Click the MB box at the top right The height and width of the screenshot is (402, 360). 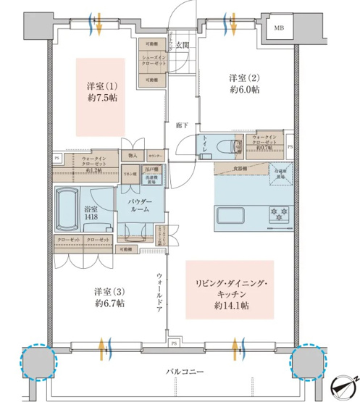(x=279, y=29)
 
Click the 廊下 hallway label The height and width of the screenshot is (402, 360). (x=182, y=125)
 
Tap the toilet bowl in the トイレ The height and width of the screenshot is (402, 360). (x=239, y=146)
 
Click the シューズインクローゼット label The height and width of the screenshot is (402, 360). (x=154, y=61)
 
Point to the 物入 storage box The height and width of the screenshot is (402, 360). (x=133, y=154)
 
